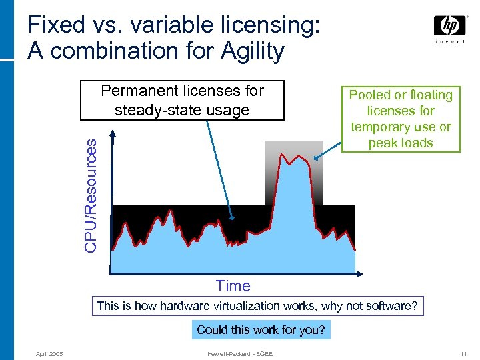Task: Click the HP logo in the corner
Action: pos(450,27)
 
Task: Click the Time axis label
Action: pos(233,286)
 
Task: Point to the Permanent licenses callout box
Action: pos(182,100)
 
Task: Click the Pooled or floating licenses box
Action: pos(401,119)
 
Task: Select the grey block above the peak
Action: pos(293,150)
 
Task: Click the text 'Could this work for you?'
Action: pos(261,330)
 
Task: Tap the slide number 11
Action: pos(463,353)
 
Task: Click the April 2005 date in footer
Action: pos(49,353)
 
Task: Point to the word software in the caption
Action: pos(389,306)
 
